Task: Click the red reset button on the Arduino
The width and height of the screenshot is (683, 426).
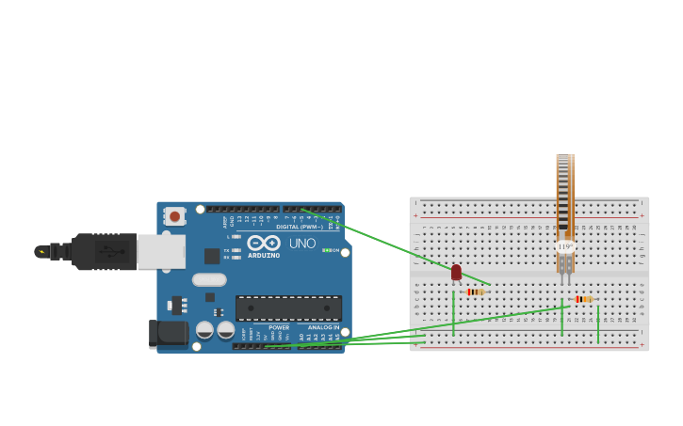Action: [x=175, y=216]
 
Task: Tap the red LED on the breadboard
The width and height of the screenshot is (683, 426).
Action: [x=456, y=273]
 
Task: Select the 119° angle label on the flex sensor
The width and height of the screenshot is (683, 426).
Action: [x=564, y=246]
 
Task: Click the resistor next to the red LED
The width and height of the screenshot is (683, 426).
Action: [x=475, y=292]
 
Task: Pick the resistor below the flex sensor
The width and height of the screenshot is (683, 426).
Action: [x=583, y=299]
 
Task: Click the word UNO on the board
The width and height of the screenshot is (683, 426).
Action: [x=302, y=244]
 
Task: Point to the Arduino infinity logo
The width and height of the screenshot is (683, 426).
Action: [x=263, y=243]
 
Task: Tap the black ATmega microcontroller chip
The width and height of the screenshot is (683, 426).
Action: [x=288, y=308]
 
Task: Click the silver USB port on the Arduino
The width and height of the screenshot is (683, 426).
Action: [x=160, y=251]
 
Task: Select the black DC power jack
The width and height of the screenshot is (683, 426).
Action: [x=170, y=332]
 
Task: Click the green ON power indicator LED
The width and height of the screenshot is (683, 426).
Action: [x=326, y=250]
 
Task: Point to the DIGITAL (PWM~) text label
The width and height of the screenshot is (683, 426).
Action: [x=300, y=227]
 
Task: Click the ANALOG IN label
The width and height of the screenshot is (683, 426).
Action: [x=323, y=327]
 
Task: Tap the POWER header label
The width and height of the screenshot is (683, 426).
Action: [x=279, y=327]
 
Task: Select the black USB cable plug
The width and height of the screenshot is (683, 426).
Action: [x=104, y=251]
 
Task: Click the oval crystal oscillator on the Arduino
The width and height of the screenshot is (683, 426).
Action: [x=209, y=279]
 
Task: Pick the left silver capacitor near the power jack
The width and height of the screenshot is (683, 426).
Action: [x=204, y=329]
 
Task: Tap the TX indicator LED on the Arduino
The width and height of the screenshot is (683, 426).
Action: [x=236, y=250]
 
